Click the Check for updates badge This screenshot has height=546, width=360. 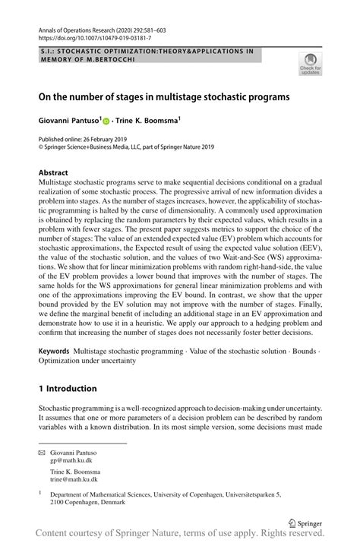tap(310, 65)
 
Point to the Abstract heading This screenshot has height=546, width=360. tap(54, 172)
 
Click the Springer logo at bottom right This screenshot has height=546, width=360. tap(304, 523)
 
